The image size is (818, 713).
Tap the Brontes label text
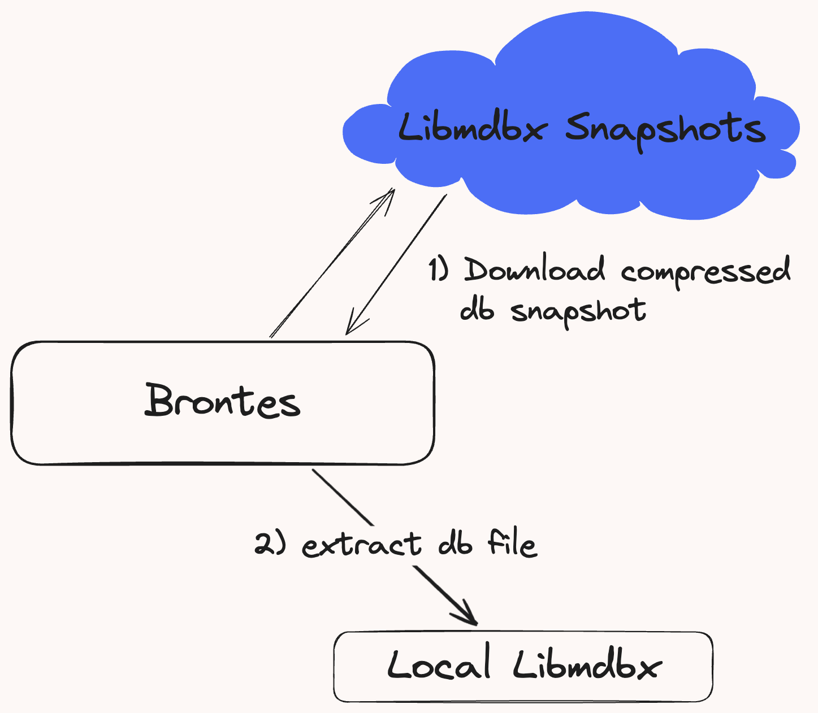222,401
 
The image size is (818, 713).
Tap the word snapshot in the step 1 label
578,313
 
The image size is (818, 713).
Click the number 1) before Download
439,269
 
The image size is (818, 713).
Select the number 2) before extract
270,544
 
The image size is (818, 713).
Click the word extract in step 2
361,545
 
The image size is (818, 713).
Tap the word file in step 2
513,542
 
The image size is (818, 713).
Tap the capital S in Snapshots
578,127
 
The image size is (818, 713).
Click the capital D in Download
477,269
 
